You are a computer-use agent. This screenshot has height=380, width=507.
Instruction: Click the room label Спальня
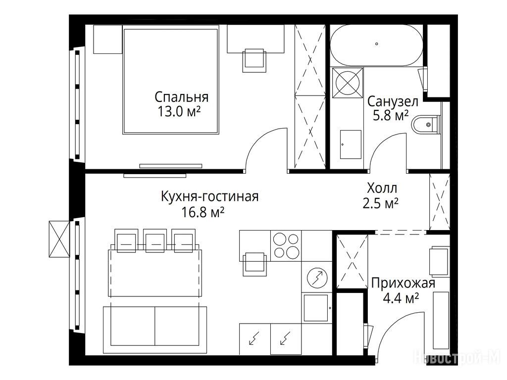[x=181, y=97]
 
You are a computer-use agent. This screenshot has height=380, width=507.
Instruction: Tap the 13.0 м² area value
[x=179, y=112]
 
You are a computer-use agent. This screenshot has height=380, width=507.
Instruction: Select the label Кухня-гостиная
[x=210, y=196]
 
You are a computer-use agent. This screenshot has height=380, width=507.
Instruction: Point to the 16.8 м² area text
[x=203, y=212]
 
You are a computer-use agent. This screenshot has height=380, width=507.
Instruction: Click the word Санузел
[x=393, y=101]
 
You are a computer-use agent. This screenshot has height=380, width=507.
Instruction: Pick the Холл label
[x=382, y=188]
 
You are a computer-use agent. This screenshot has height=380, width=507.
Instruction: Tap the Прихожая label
[x=403, y=283]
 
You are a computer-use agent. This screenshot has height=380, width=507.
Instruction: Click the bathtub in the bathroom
[x=376, y=45]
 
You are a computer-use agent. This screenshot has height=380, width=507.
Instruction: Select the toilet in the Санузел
[x=426, y=124]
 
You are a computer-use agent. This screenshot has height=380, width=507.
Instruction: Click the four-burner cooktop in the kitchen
[x=286, y=245]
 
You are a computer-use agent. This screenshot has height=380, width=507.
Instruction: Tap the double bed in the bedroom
[x=170, y=81]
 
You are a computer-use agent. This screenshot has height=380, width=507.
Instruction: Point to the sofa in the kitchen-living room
[x=155, y=330]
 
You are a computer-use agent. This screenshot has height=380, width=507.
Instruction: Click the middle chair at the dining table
[x=154, y=241]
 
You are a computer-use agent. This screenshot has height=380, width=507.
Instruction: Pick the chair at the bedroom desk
[x=255, y=60]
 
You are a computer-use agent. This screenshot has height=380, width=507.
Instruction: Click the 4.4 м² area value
[x=401, y=298]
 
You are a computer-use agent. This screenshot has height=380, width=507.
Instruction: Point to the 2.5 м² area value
[x=380, y=203]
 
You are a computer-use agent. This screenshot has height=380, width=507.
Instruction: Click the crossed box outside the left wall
[x=59, y=239]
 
